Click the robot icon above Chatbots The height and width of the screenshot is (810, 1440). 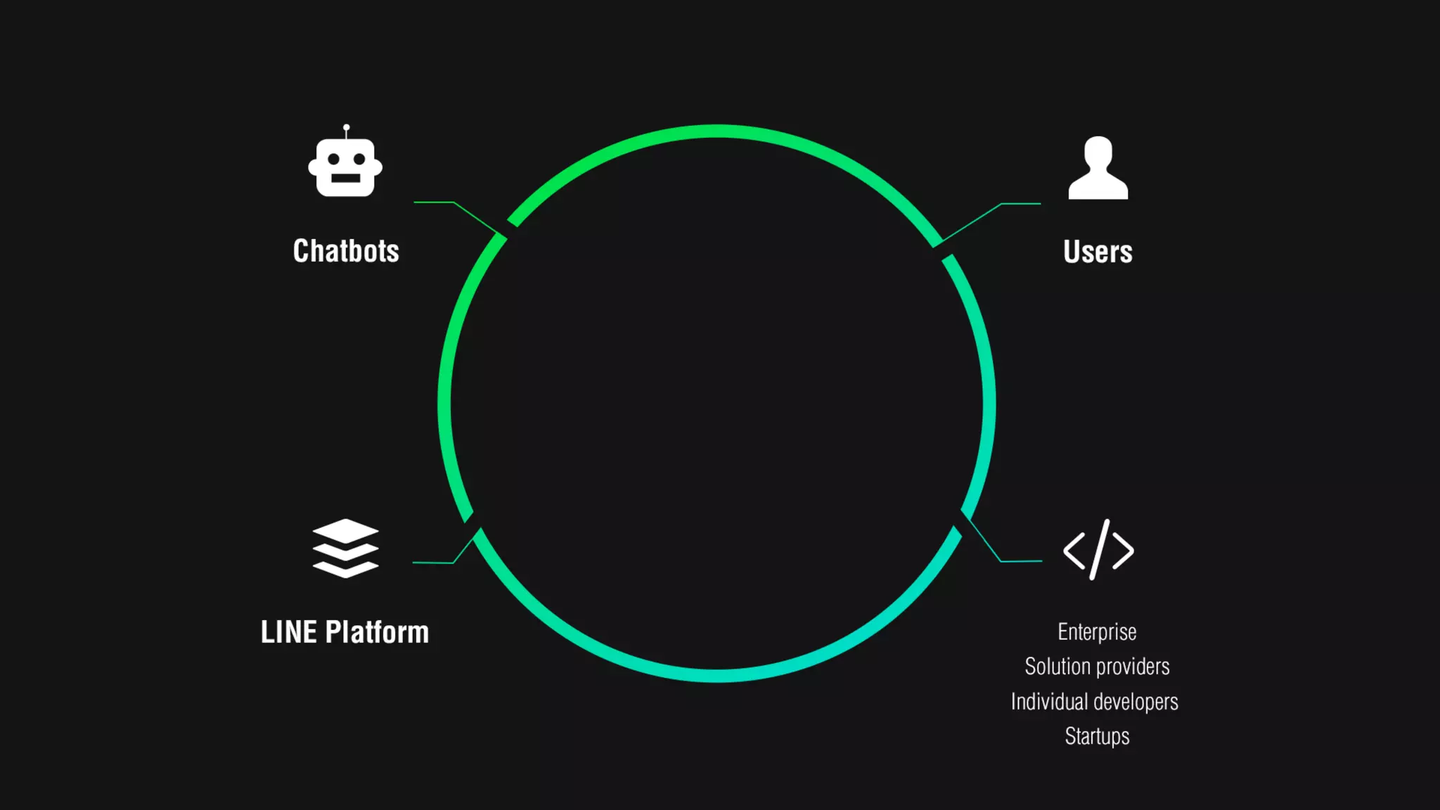345,166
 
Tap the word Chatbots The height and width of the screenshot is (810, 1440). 346,251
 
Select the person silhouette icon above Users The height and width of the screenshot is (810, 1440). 1098,169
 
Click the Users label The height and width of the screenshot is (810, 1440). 1098,252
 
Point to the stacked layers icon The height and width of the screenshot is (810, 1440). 345,548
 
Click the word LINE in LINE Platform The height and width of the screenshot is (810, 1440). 288,632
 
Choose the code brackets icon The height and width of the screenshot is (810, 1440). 1098,550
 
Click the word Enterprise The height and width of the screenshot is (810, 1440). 1097,631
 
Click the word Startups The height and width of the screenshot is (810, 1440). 1097,736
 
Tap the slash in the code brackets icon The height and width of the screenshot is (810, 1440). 1099,550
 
